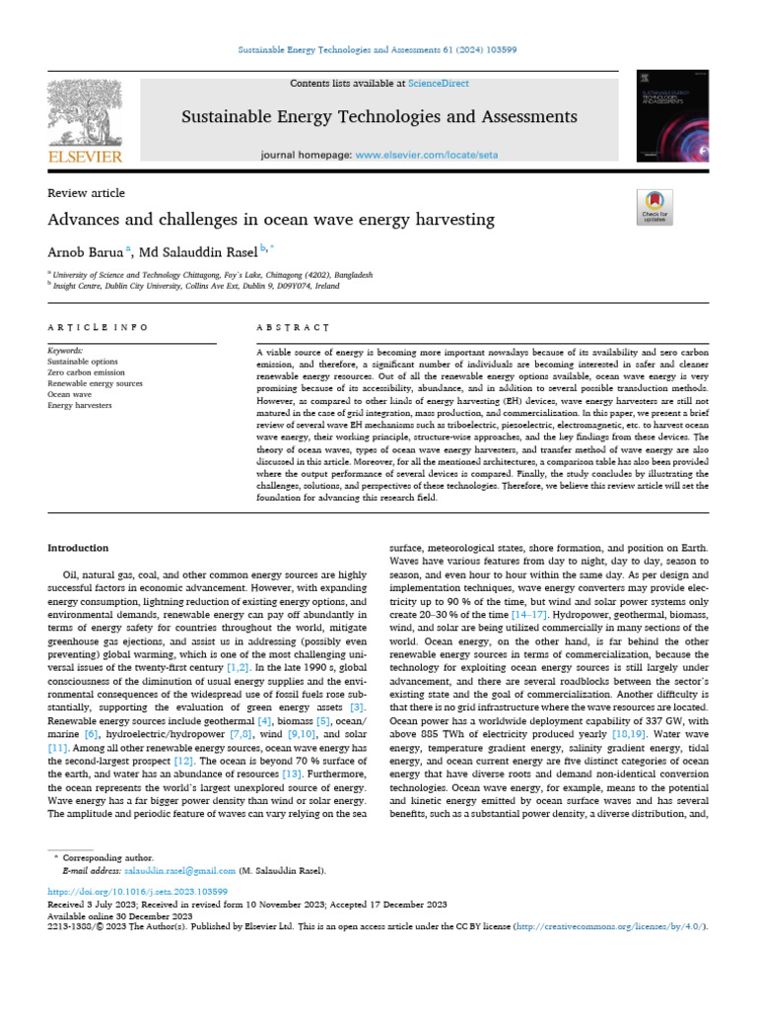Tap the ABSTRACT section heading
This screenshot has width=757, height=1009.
pos(293,326)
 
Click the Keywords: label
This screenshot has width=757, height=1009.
pos(67,351)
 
